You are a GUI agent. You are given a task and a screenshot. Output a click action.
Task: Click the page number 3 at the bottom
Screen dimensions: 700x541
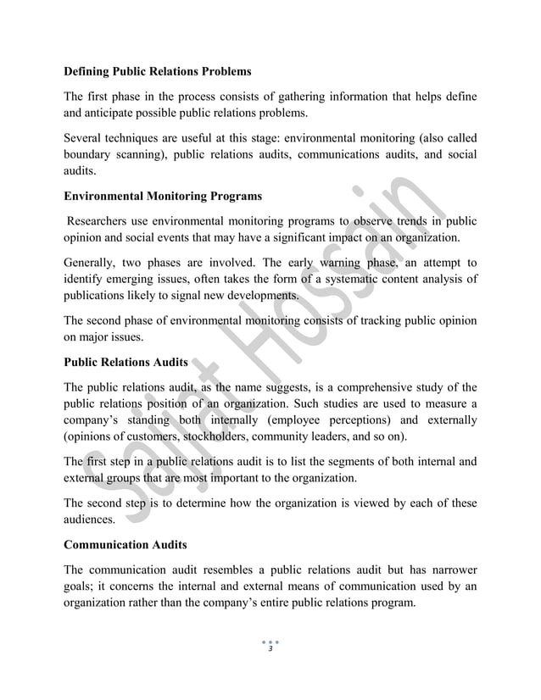pyautogui.click(x=270, y=648)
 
